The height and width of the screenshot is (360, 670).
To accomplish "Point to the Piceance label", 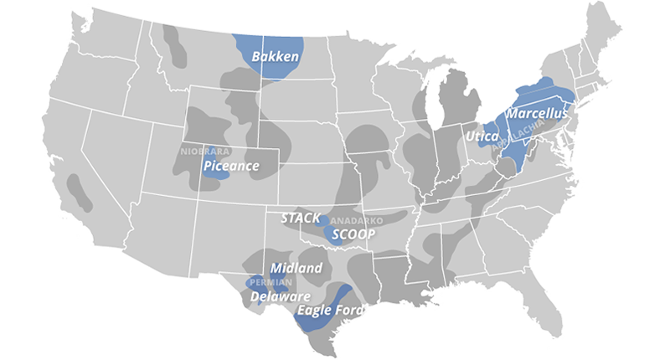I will [231, 166].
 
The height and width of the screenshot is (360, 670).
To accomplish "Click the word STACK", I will [301, 218].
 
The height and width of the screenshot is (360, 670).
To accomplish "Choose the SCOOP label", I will [353, 234].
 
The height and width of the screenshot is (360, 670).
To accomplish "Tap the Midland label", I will [296, 268].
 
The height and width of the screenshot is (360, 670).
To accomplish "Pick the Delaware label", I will [281, 297].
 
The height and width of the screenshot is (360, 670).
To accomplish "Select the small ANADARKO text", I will [357, 220].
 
